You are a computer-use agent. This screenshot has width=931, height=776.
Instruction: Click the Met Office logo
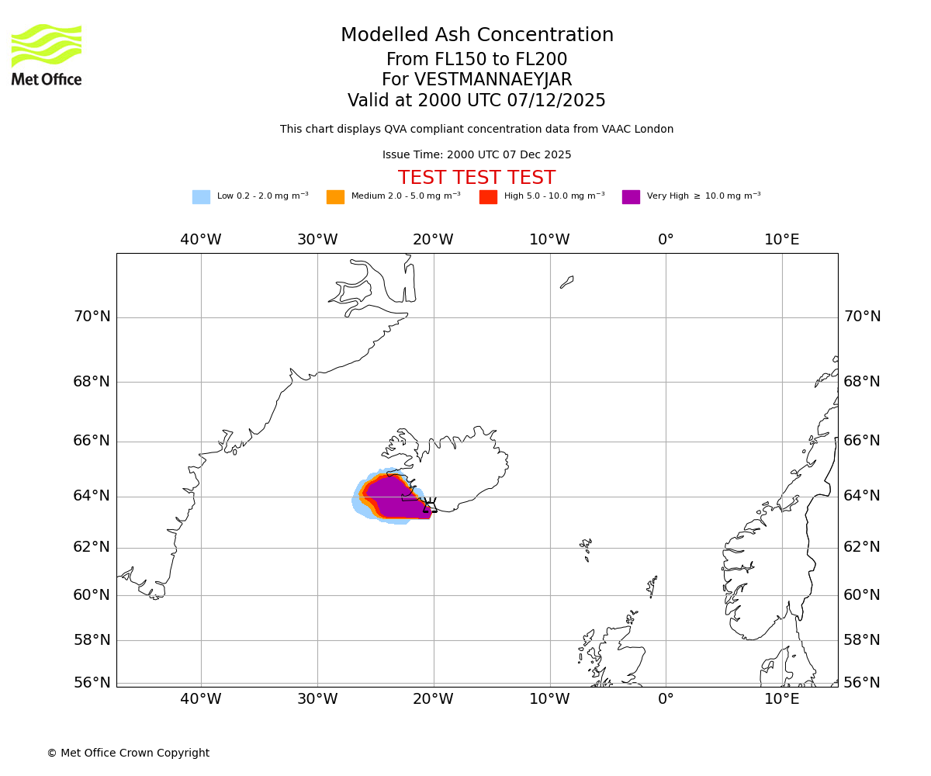pos(47,55)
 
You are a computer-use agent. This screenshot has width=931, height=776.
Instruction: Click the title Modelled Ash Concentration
pos(476,36)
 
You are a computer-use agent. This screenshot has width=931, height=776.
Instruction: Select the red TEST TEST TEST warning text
pos(476,178)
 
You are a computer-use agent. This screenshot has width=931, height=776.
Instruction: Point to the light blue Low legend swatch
pos(201,197)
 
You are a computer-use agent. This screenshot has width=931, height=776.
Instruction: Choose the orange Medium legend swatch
pos(335,197)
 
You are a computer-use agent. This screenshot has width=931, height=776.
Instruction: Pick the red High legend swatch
pos(488,197)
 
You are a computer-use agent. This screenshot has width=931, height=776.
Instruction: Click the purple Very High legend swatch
pos(631,197)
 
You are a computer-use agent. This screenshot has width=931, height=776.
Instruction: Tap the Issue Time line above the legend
pos(476,155)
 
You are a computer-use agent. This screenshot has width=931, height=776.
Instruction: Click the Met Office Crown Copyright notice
pos(128,753)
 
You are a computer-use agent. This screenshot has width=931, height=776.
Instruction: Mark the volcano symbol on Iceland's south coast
pos(430,504)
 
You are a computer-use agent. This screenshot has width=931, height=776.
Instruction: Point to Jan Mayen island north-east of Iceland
pos(567,282)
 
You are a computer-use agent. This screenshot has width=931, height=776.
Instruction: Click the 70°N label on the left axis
pos(92,317)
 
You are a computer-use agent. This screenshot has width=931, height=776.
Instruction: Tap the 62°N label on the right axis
pos(862,547)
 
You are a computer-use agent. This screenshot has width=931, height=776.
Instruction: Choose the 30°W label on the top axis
pos(317,240)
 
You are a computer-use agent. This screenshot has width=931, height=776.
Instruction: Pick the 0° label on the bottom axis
pos(666,699)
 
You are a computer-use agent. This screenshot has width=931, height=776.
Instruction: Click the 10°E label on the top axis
pos(782,240)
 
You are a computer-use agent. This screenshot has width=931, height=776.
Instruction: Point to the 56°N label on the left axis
pos(92,683)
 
